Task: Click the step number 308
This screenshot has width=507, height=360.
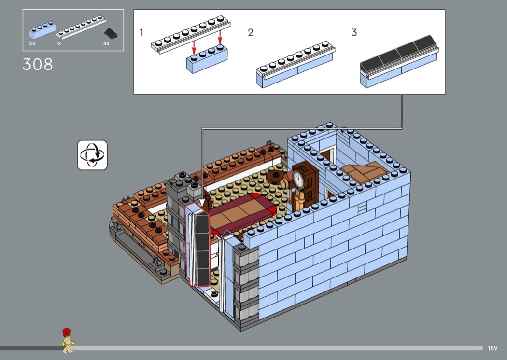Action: coord(38,64)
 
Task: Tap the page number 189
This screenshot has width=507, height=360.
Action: coord(493,348)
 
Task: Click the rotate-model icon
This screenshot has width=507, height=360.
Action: coord(92,155)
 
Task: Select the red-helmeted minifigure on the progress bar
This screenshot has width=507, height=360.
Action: coord(68,341)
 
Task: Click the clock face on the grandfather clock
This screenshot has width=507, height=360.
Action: coord(298,179)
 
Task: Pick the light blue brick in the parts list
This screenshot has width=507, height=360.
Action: coord(42,30)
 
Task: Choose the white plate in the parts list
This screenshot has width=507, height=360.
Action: coord(81,27)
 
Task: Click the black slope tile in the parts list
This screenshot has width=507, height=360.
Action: coord(111,33)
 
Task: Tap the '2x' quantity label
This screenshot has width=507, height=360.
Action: coord(32,43)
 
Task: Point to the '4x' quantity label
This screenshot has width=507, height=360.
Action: coord(106,43)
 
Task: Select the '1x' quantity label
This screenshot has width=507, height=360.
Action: coord(58,43)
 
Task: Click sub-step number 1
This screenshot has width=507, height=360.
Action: coord(141,32)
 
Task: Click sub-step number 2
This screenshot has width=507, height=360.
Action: coord(251,32)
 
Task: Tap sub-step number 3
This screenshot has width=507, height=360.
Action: coord(354,32)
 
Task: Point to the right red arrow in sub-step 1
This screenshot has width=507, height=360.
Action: coord(220,37)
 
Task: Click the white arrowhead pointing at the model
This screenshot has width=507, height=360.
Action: coord(202,203)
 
